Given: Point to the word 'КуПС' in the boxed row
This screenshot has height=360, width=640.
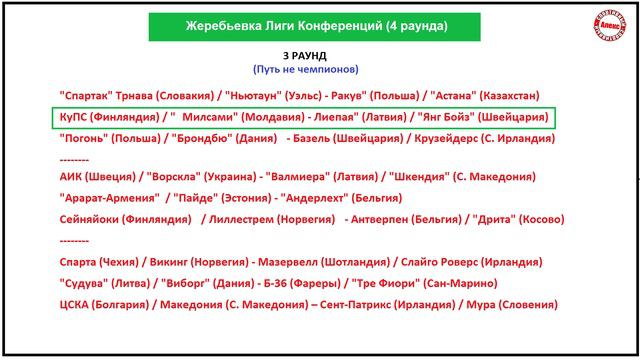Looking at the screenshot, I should tap(75, 117).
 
